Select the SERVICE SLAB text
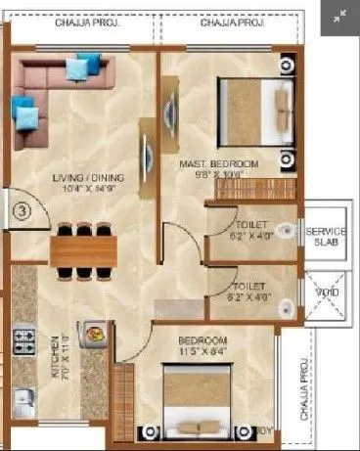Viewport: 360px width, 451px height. (326, 237)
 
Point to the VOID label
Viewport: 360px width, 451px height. (325, 292)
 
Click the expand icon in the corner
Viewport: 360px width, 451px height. (338, 17)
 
